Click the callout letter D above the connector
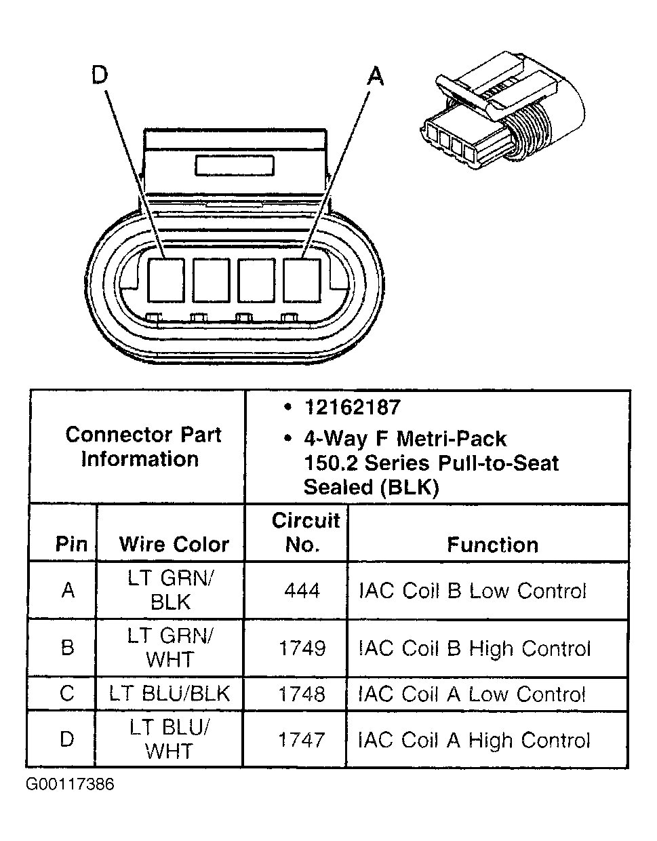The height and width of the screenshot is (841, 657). click(x=100, y=76)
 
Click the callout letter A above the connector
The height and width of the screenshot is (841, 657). click(x=375, y=76)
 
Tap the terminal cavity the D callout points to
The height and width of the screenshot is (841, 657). click(x=166, y=279)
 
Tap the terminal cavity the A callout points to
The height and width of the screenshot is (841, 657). click(x=302, y=279)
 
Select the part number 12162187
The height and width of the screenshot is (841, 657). click(x=352, y=408)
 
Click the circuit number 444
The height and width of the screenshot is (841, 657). click(x=302, y=591)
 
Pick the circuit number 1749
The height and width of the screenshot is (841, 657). click(x=302, y=648)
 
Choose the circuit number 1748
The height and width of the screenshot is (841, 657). click(x=302, y=694)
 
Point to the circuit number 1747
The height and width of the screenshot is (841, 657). click(x=302, y=739)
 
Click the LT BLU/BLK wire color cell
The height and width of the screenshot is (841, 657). click(x=170, y=694)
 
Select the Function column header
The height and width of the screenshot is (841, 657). click(x=492, y=545)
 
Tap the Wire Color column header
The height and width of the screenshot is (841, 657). click(x=174, y=544)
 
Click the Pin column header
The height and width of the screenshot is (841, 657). click(x=71, y=544)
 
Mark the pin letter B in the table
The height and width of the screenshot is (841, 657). click(x=68, y=648)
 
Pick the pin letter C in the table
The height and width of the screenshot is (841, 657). click(x=67, y=694)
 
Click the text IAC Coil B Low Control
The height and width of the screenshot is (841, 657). click(x=472, y=591)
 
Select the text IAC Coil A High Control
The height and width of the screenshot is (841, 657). click(x=475, y=739)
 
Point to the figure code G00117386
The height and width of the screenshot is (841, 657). click(x=71, y=785)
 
